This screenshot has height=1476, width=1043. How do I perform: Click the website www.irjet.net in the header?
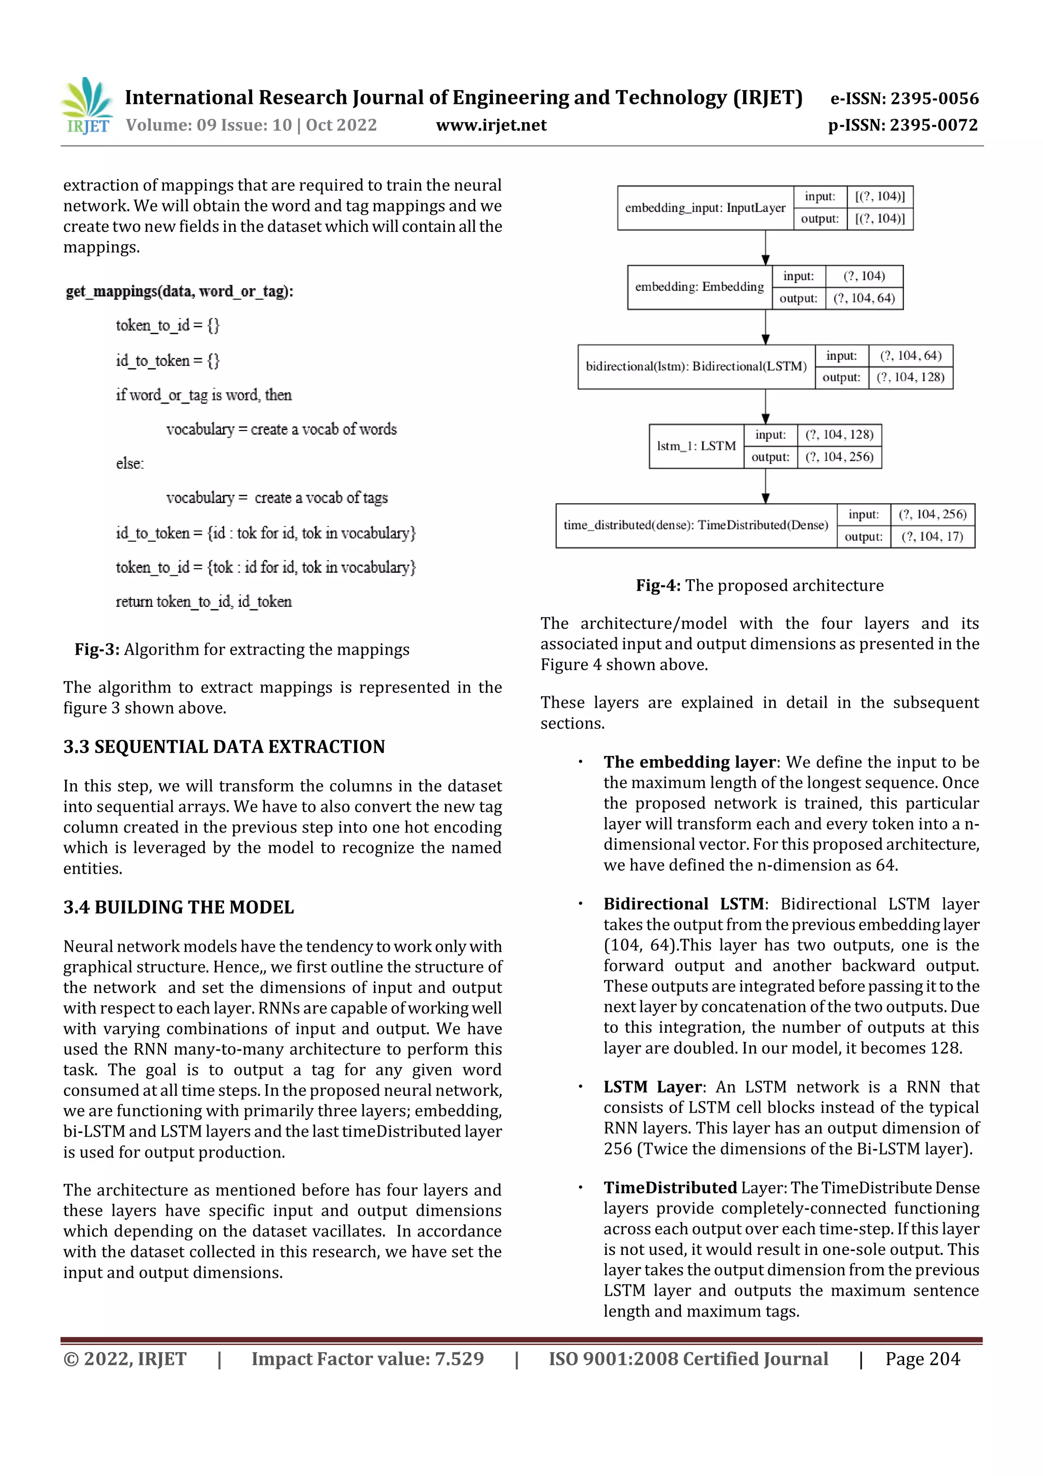coord(491,125)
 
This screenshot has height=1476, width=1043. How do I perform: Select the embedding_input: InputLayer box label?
coord(705,208)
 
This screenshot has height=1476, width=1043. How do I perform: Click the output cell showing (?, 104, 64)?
coord(864,298)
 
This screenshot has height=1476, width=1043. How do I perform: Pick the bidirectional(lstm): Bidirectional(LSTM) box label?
coord(696,366)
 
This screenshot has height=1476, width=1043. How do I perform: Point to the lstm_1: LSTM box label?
coord(696,446)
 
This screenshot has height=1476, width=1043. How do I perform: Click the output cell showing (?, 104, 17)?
coord(932,537)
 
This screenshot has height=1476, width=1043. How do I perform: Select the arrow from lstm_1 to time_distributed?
coord(765,486)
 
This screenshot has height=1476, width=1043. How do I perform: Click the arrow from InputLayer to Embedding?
coord(765,248)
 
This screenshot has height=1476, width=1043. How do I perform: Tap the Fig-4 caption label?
coord(658,585)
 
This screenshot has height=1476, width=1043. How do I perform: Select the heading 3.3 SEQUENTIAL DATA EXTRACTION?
coord(224,747)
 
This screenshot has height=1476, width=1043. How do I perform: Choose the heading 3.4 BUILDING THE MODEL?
coord(178,907)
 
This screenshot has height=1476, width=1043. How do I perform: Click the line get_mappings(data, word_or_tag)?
coord(179,291)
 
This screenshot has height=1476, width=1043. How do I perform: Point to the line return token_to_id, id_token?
coord(203,602)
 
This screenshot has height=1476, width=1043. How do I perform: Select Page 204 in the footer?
coord(922,1358)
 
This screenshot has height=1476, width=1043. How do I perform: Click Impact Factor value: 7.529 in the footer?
coord(367,1358)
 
